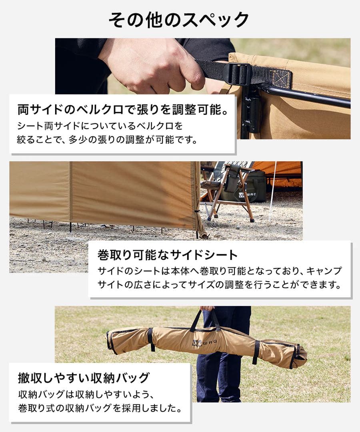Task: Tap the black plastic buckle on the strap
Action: pyautogui.click(x=242, y=74)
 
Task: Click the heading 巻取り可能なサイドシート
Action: pyautogui.click(x=168, y=254)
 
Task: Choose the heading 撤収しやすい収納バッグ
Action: pyautogui.click(x=84, y=377)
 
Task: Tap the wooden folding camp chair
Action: pyautogui.click(x=228, y=188)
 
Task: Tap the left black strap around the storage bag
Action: pyautogui.click(x=151, y=339)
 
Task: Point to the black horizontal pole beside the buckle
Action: pyautogui.click(x=308, y=96)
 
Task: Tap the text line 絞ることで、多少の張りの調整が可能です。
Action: pyautogui.click(x=108, y=140)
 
